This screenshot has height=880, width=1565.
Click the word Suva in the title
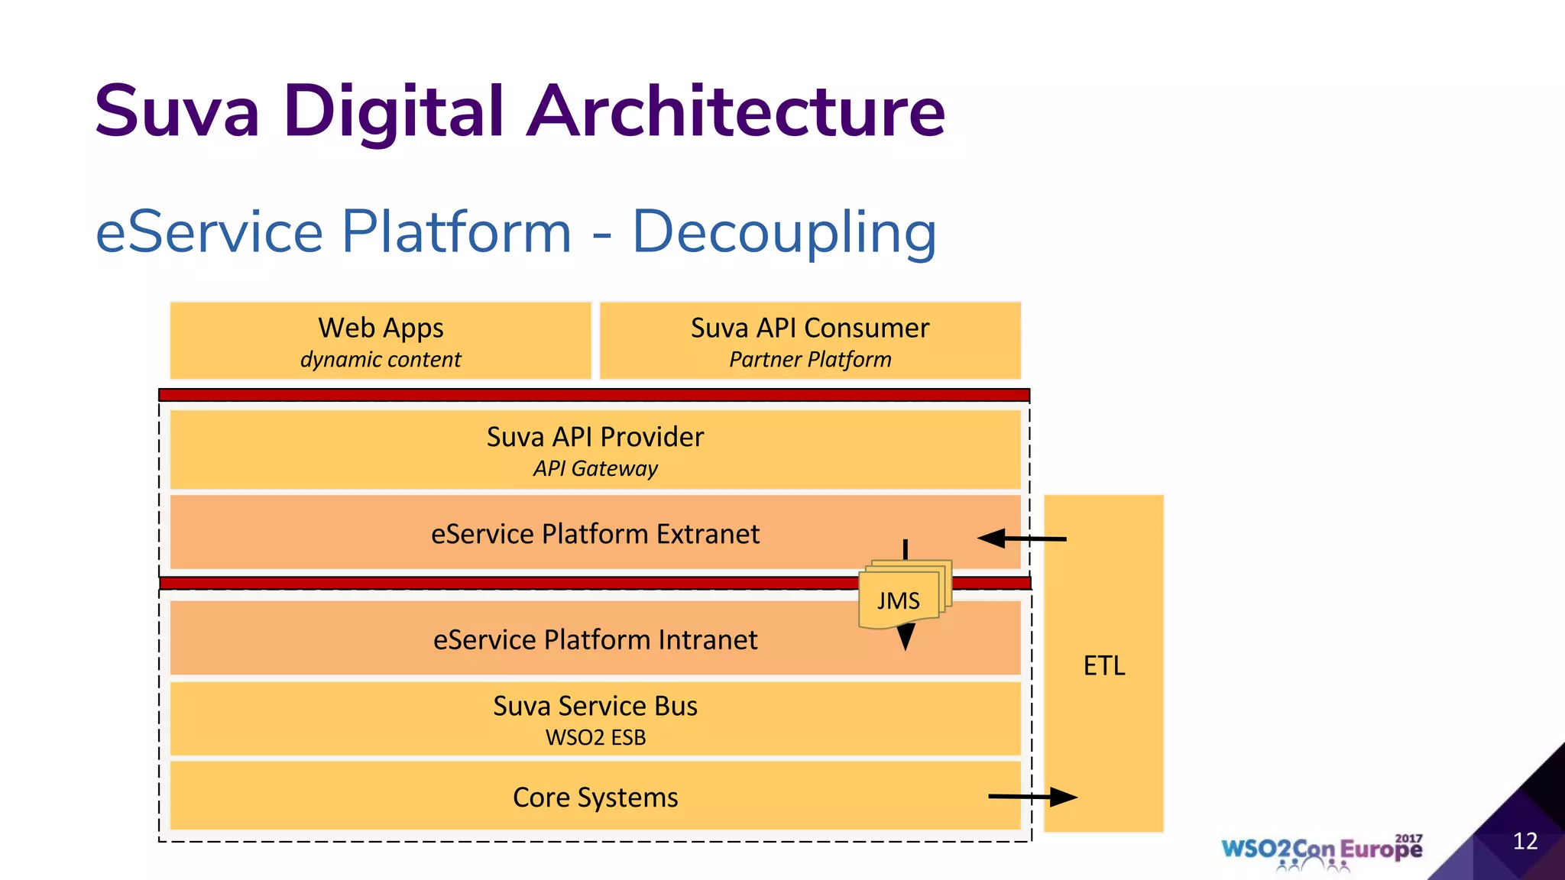[177, 112]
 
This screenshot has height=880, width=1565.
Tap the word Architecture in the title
[736, 112]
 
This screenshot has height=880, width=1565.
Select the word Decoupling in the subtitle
[784, 233]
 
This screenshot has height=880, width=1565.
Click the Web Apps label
[381, 328]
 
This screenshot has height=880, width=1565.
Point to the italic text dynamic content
[381, 359]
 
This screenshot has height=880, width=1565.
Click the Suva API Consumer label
[810, 328]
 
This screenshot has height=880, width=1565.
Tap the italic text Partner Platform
[810, 359]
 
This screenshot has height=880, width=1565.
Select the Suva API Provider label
[595, 437]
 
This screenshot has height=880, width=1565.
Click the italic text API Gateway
[595, 468]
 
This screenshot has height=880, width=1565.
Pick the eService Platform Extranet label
[595, 534]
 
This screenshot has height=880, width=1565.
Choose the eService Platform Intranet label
[595, 639]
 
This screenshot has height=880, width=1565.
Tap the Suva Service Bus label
[595, 706]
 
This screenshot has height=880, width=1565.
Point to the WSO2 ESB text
[595, 738]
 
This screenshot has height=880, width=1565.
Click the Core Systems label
[595, 797]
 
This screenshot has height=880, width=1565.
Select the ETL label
[1104, 666]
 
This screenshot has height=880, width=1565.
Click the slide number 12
[1524, 841]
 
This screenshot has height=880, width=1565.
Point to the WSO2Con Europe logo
[1321, 850]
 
